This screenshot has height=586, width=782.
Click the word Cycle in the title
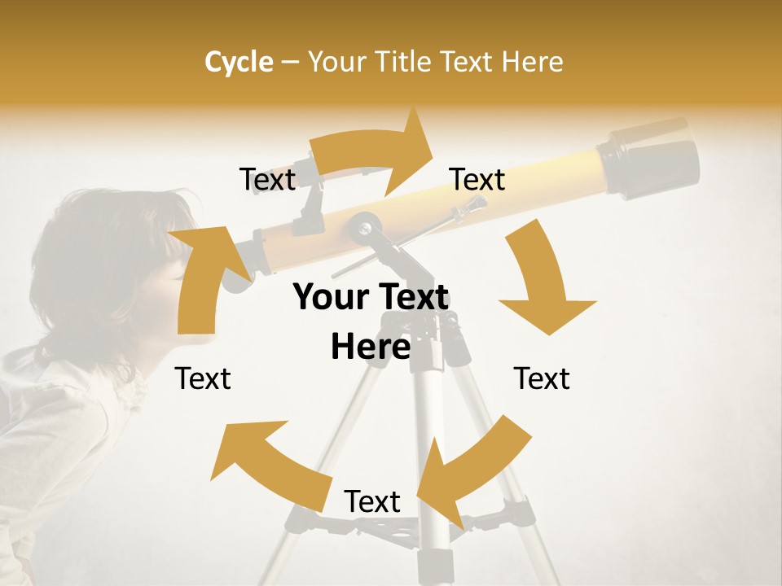[239, 62]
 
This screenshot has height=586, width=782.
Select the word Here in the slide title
[532, 62]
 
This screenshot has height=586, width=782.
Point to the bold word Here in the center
[371, 347]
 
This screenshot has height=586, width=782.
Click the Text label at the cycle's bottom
[372, 501]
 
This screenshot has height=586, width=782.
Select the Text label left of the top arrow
[267, 179]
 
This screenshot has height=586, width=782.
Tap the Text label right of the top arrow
[477, 179]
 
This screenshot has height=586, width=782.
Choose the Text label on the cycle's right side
[542, 378]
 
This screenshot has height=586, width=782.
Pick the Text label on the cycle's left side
[204, 378]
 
